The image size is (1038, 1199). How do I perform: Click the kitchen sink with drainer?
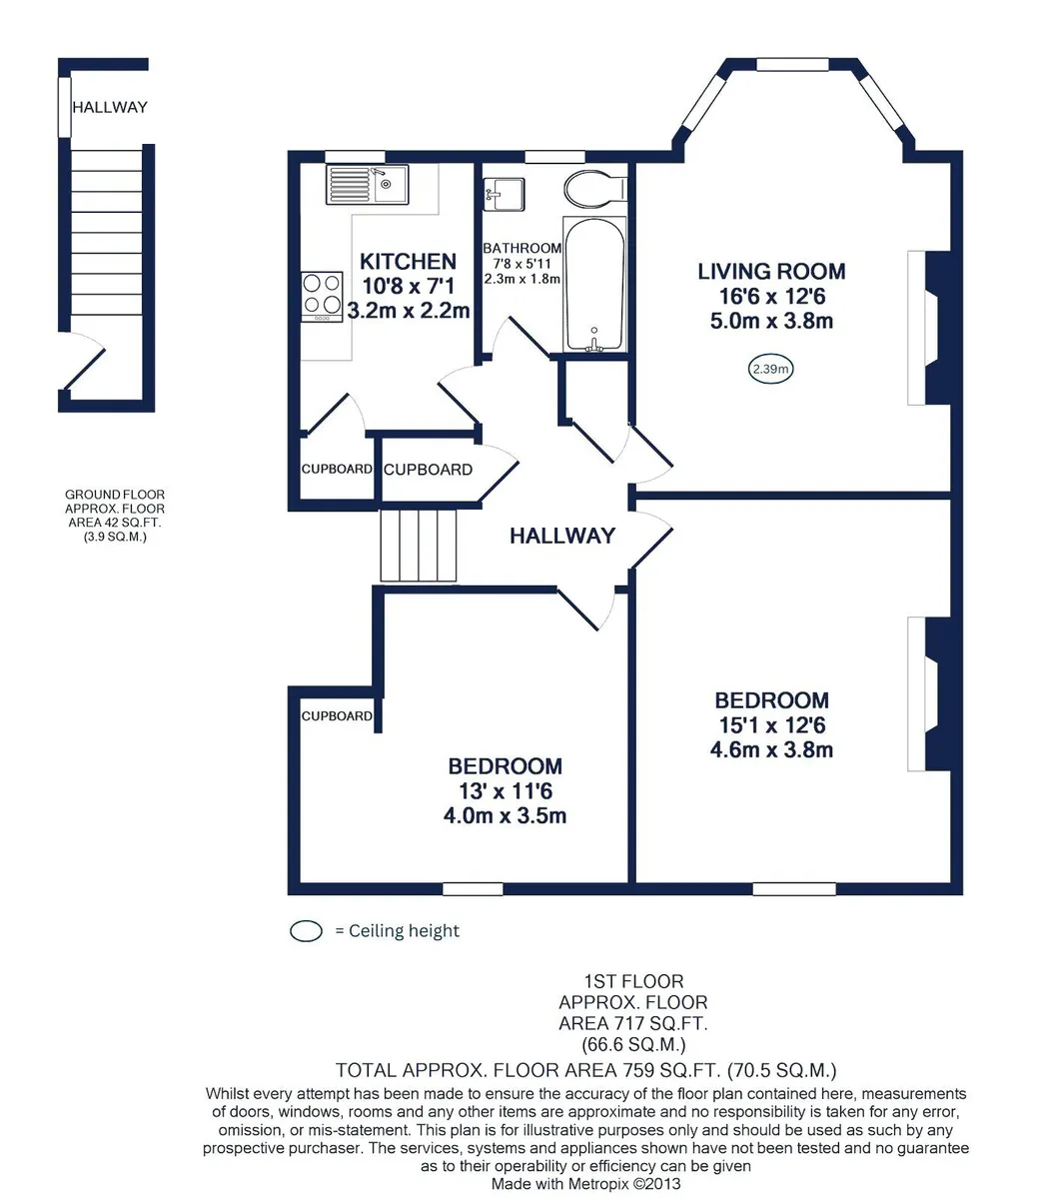(367, 185)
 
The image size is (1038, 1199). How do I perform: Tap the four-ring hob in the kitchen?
(322, 297)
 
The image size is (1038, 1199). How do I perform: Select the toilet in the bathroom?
(595, 189)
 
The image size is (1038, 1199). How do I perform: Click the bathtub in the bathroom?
(594, 285)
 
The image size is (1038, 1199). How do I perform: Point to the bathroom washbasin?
(504, 194)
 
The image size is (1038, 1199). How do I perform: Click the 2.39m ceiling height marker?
(770, 369)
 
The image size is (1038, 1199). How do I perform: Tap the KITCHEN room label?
(408, 262)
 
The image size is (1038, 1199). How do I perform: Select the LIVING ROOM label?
(771, 272)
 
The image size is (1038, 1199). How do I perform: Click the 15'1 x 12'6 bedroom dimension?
(772, 725)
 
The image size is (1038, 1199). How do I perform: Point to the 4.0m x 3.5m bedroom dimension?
(505, 815)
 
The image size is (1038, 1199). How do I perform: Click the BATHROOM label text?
(521, 248)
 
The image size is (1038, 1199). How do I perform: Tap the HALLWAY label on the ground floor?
(110, 107)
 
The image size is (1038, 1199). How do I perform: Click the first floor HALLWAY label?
(561, 536)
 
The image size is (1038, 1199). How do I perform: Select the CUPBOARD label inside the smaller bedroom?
(337, 716)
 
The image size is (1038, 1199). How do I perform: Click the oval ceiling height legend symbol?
(306, 931)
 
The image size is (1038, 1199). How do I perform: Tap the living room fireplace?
(928, 328)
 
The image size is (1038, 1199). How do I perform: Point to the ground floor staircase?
(106, 233)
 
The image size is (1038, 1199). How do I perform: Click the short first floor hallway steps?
(419, 546)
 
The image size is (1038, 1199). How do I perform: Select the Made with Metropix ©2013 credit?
(585, 1184)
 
